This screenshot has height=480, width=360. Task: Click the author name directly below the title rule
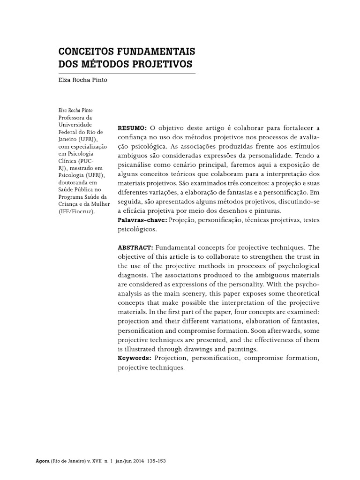(82, 80)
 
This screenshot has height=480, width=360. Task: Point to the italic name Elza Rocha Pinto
(75, 110)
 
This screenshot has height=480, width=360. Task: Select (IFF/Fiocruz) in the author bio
(76, 211)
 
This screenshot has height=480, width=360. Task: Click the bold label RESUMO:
(132, 128)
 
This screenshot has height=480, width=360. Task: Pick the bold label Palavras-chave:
(142, 220)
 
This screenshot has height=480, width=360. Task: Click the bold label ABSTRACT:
(135, 247)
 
